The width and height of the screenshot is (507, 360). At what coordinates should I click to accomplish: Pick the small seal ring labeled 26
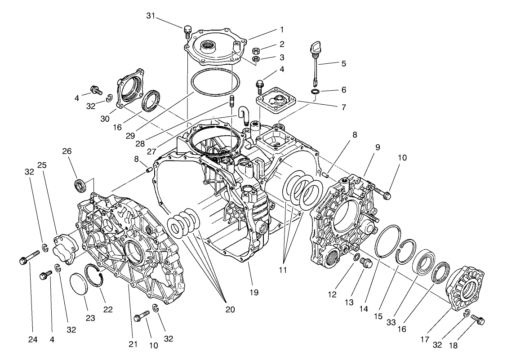click(81, 184)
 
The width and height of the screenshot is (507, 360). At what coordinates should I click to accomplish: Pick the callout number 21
click(132, 345)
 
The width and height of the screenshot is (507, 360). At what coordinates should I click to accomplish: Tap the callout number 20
click(230, 310)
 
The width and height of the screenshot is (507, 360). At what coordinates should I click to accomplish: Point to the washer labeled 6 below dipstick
click(316, 92)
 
